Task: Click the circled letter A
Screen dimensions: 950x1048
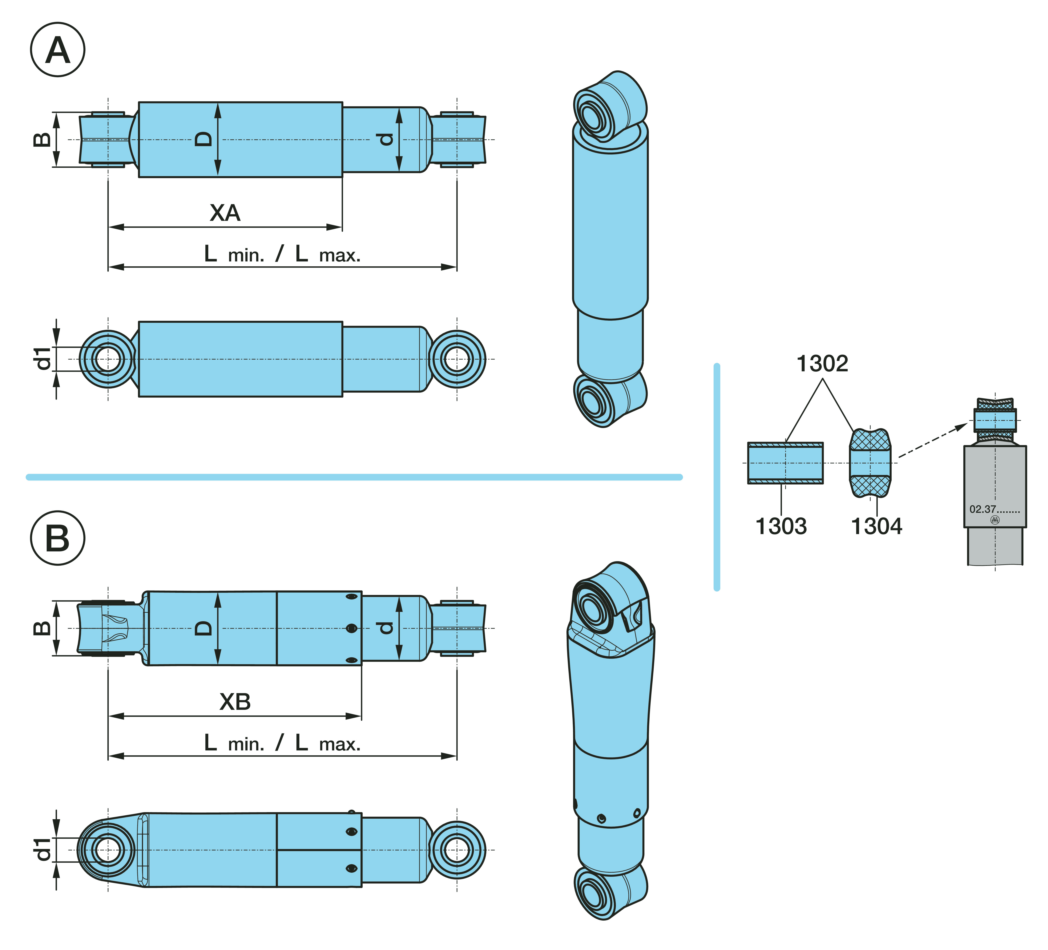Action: pos(58,50)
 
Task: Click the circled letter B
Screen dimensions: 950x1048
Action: pos(58,538)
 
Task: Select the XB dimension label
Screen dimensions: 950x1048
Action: pos(235,702)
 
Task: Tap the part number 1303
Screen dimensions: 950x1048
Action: pos(781,526)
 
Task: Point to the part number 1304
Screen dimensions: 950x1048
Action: pos(877,526)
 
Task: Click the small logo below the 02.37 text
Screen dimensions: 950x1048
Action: pos(995,520)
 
